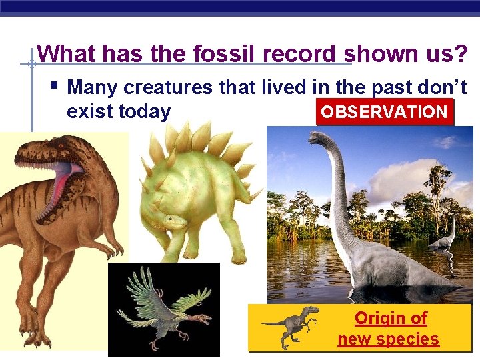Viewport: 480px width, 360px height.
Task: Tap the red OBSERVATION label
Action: pos(384,112)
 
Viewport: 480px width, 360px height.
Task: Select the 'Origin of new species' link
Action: pos(389,328)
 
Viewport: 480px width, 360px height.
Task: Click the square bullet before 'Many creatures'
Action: pos(54,85)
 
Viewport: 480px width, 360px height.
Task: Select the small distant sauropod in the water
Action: pos(443,237)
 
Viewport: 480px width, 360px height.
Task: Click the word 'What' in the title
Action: pos(65,53)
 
